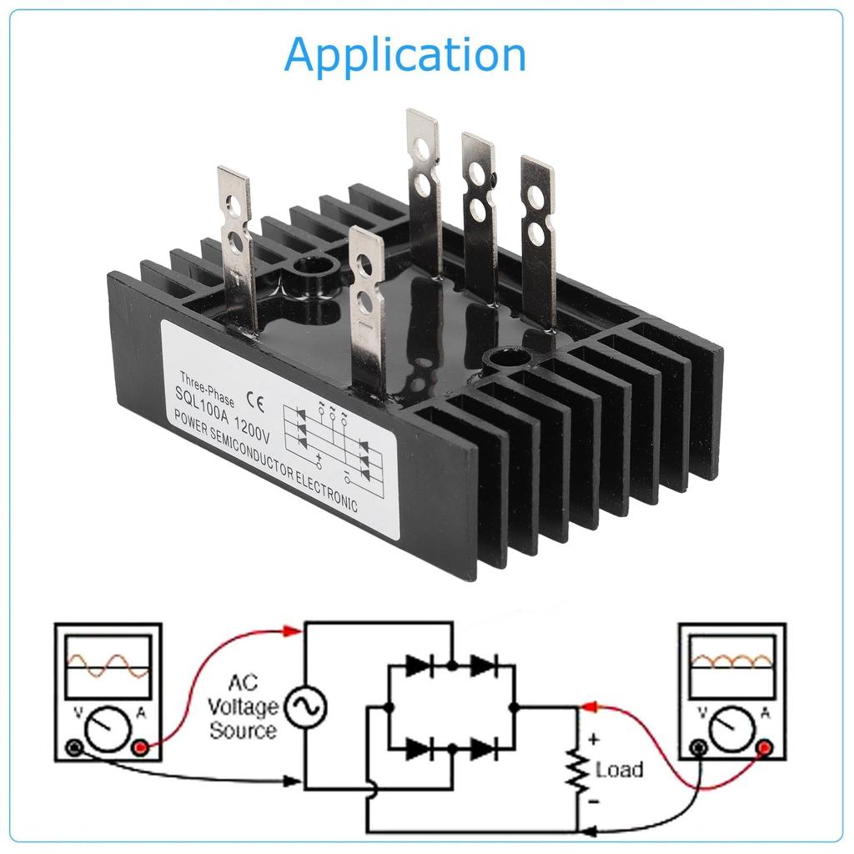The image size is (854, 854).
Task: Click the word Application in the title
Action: tap(405, 55)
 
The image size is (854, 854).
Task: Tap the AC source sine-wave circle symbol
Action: tap(305, 708)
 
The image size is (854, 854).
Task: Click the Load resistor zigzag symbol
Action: tap(575, 769)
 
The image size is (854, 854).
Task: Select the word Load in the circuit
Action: tap(619, 769)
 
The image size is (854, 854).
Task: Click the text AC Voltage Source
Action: tap(243, 707)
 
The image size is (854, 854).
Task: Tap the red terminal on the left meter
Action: tap(140, 748)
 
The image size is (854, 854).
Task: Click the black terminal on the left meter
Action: tap(73, 748)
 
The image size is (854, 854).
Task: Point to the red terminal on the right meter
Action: tap(763, 748)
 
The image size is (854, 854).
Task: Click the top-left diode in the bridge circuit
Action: tap(418, 666)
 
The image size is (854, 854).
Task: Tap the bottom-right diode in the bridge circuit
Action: tap(482, 749)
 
